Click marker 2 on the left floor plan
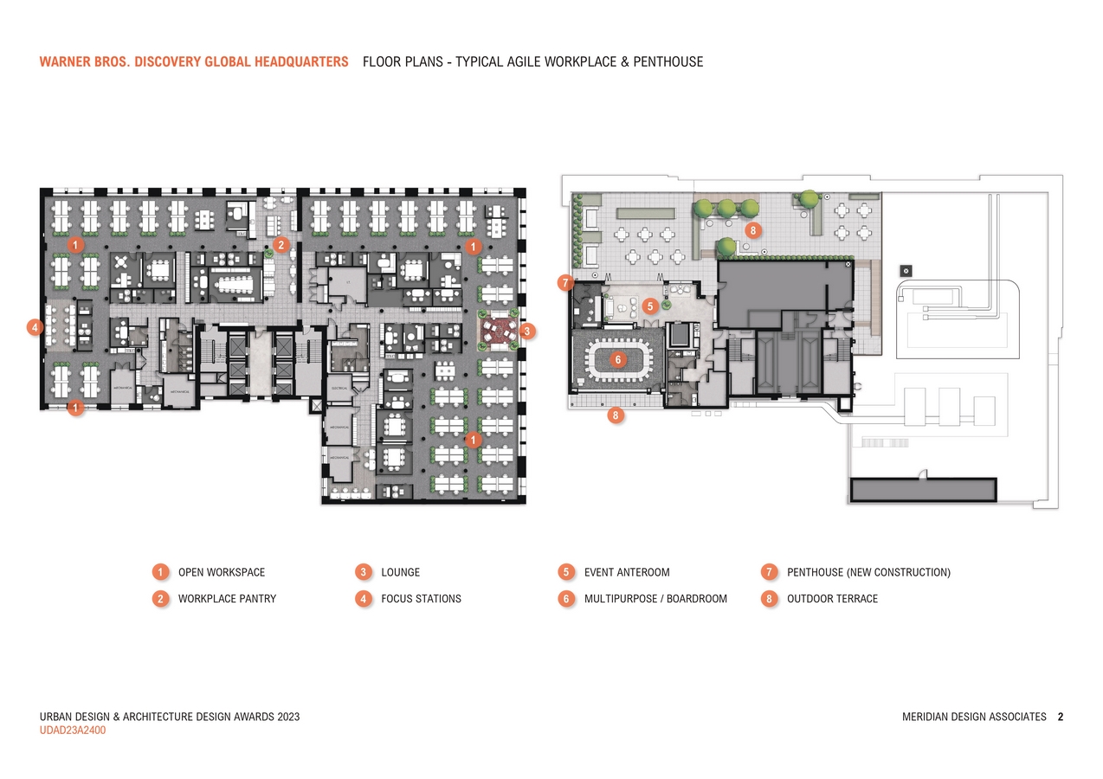281,245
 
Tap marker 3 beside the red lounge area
528,330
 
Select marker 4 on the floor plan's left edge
35,327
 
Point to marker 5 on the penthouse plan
651,306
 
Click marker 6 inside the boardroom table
618,359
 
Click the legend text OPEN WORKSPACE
222,572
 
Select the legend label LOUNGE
400,572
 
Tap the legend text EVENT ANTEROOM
627,572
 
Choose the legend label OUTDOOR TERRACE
832,598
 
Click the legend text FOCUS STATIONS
421,598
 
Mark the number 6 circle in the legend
566,598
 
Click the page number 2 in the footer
1061,717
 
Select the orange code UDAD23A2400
73,731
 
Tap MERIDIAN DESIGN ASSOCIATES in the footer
974,717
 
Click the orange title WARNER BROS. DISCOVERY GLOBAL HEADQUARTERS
194,62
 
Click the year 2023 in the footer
287,717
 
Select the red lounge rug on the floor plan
500,329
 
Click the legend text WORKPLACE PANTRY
227,598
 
